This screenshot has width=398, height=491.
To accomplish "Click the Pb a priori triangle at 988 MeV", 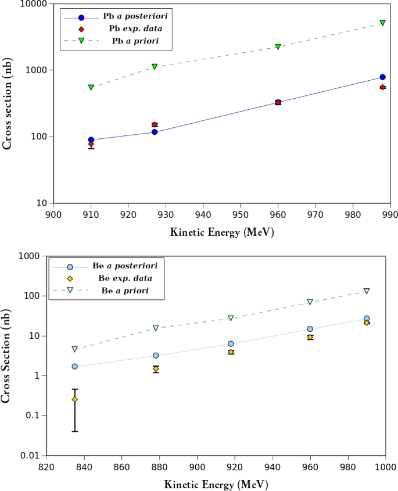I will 382,23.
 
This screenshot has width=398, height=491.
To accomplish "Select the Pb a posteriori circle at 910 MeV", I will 91,140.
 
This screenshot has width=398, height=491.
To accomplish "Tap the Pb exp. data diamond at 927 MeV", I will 155,124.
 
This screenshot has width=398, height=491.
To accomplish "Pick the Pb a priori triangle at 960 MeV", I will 278,47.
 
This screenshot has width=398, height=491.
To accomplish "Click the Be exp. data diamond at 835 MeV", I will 75,399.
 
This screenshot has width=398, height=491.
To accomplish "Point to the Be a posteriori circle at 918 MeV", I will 231,344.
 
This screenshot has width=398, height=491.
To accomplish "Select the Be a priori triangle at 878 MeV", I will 156,328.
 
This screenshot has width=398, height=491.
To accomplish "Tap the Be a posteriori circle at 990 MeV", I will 367,318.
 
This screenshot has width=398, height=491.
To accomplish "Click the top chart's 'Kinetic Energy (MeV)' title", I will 222,232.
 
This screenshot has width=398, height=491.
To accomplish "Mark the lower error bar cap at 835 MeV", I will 75,431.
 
